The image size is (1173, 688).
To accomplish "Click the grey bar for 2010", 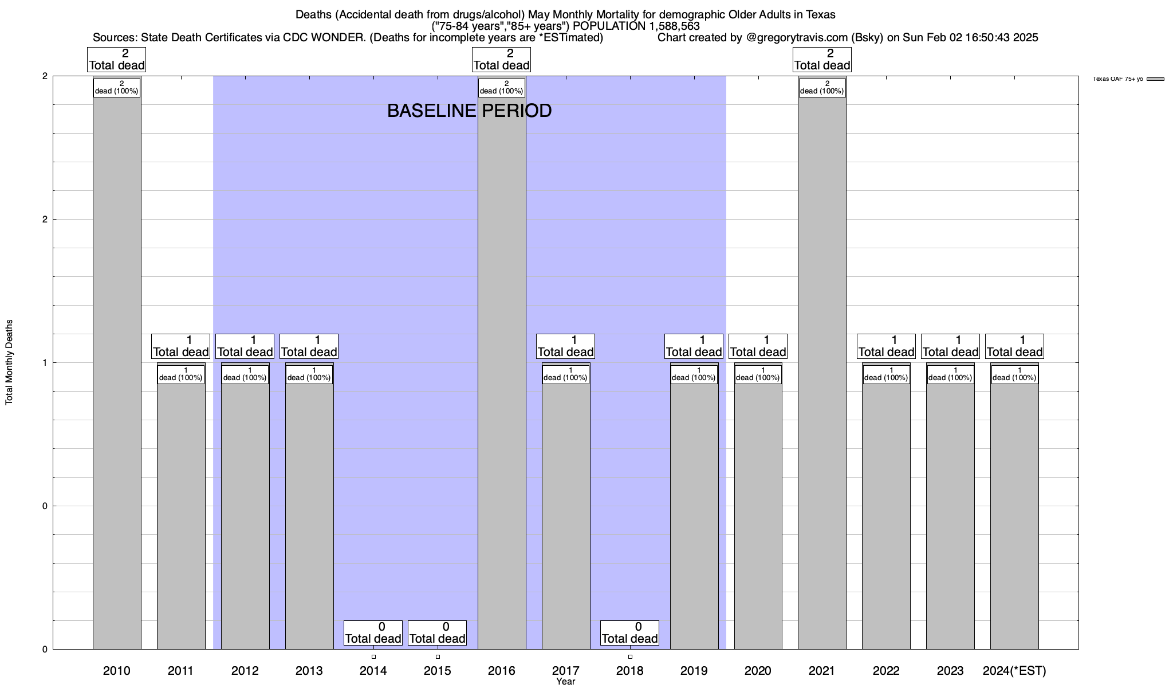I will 117,373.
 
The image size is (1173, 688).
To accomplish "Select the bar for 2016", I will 502,373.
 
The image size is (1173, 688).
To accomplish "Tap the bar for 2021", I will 822,373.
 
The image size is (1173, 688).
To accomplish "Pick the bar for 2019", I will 694,516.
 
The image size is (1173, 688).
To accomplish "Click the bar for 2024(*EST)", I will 1014,516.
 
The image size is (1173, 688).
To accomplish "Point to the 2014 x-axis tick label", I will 373,671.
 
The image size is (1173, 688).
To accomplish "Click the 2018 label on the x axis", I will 630,671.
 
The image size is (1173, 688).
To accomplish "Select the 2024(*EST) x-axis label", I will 1014,671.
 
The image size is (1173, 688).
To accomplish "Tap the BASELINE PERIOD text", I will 469,111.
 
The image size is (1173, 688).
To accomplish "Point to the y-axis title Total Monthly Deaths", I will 9,362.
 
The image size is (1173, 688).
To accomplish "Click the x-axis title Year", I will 565,682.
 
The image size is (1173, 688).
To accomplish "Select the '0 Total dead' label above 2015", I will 438,633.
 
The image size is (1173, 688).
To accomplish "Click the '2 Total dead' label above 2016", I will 502,60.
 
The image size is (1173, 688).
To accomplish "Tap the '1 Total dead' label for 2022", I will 886,346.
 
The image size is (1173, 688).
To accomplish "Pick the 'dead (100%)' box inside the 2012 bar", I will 245,374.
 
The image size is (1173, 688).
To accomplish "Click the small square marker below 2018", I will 630,656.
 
